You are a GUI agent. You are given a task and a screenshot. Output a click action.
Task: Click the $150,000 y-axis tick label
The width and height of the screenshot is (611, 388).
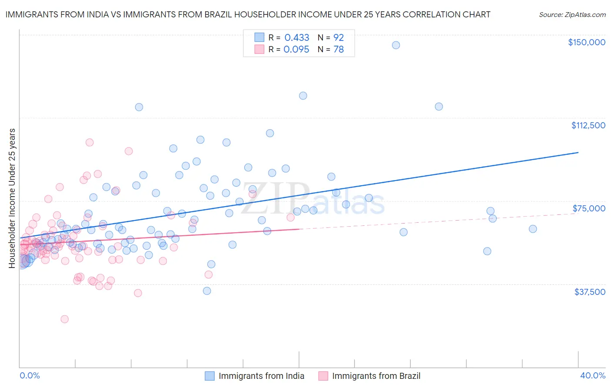click(x=586, y=42)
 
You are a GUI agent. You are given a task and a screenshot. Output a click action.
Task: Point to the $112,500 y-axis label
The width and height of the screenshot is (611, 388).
click(x=588, y=125)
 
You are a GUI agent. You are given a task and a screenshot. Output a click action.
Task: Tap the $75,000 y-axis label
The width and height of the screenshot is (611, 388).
click(x=589, y=208)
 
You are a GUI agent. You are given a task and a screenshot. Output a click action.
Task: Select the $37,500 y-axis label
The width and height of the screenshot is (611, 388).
click(x=590, y=292)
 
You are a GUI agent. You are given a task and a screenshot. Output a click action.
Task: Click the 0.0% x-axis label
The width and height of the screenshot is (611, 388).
click(x=30, y=375)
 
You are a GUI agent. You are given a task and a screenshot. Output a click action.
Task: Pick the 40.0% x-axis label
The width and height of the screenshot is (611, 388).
click(x=592, y=375)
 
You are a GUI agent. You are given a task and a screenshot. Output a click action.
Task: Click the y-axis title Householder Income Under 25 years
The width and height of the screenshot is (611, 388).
click(x=12, y=198)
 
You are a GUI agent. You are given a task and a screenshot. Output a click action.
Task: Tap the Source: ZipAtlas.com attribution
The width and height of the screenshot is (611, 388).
click(x=572, y=14)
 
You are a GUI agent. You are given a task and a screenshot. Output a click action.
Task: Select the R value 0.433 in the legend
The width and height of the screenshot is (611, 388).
click(x=297, y=37)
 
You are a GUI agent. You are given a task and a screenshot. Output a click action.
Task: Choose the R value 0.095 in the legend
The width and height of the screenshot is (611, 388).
click(x=296, y=50)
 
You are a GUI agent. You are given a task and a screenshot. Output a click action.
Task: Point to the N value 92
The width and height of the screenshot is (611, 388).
click(x=339, y=37)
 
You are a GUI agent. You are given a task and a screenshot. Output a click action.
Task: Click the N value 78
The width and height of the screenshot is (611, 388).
click(x=339, y=50)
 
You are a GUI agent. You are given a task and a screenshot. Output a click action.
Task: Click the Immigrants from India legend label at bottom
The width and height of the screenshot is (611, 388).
click(x=261, y=376)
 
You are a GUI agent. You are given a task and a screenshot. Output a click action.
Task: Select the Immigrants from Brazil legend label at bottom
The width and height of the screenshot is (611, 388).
click(x=376, y=376)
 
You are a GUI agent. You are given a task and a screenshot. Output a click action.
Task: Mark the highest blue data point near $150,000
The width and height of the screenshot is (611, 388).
click(x=396, y=45)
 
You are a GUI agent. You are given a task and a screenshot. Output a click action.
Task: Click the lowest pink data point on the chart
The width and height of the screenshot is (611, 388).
click(x=64, y=319)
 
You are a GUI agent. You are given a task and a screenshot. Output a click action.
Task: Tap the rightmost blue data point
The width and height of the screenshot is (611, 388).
click(x=533, y=229)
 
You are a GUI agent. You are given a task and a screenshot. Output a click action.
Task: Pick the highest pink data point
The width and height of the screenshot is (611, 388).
click(x=90, y=142)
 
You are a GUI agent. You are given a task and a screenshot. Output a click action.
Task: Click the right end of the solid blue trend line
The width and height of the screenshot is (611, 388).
click(x=578, y=152)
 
